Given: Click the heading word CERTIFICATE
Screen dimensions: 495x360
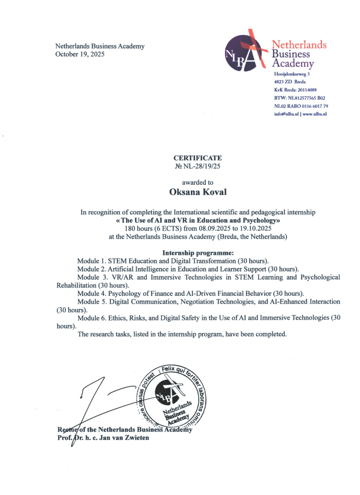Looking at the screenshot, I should (197, 158).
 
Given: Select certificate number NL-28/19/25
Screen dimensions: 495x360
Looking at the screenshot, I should (202, 166).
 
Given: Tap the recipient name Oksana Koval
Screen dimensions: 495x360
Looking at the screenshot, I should (198, 192).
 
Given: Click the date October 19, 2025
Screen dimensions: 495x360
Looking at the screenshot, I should (80, 54).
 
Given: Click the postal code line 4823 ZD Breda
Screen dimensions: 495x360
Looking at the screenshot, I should (290, 82).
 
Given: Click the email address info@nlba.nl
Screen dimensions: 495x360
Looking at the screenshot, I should (286, 114).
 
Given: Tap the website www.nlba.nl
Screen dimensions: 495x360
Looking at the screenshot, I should (314, 114).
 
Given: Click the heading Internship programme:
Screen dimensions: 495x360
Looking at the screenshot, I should (198, 253).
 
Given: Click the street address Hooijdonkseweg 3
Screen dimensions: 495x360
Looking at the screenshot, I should (292, 74).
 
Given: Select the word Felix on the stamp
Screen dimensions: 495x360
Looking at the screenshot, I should (168, 369).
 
